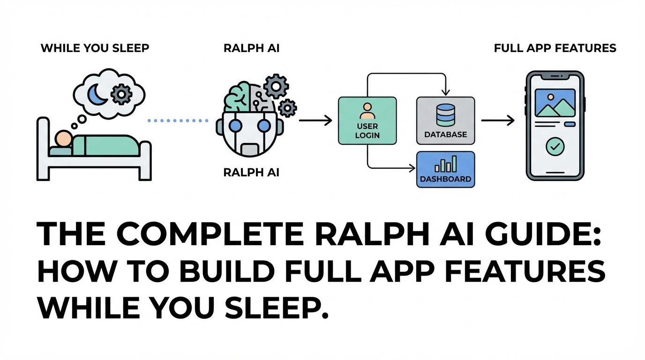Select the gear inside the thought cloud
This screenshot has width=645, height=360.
121,95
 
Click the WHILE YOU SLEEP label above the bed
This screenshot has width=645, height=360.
95,48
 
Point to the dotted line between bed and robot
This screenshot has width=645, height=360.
178,120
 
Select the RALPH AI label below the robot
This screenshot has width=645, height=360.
251,172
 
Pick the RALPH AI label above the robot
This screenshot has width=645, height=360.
251,48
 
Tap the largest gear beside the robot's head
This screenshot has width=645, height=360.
275,86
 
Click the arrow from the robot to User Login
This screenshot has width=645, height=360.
315,121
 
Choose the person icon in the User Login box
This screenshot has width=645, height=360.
367,111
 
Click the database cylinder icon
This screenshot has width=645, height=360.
445,115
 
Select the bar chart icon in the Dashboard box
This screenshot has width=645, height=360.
445,165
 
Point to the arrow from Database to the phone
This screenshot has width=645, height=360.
497,121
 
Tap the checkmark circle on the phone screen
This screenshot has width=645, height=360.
555,147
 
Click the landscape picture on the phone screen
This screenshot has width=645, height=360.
555,103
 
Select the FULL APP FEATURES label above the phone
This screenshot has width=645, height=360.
555,48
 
